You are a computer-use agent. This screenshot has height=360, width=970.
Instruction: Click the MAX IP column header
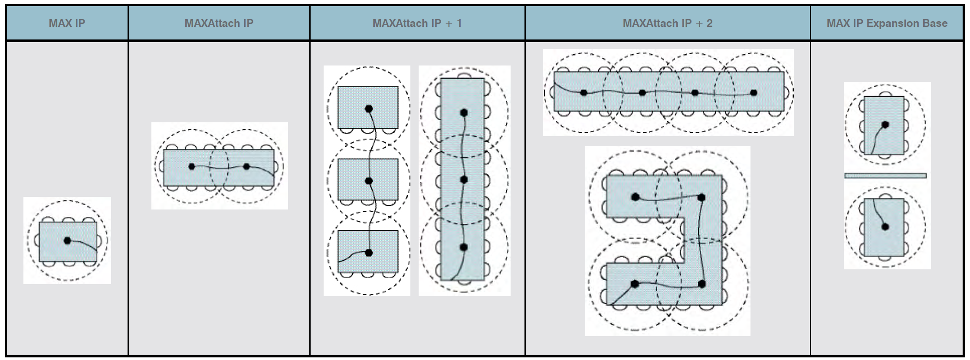pyautogui.click(x=67, y=23)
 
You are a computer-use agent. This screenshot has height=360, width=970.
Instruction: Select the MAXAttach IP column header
pyautogui.click(x=219, y=23)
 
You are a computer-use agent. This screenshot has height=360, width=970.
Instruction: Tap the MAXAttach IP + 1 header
pyautogui.click(x=417, y=23)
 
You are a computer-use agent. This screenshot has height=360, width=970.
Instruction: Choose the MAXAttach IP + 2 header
pyautogui.click(x=667, y=23)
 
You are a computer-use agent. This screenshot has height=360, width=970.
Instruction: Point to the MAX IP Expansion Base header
pyautogui.click(x=887, y=23)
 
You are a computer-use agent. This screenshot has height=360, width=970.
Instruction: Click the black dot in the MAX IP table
pyautogui.click(x=67, y=240)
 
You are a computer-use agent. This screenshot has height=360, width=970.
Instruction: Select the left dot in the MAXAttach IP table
pyautogui.click(x=192, y=166)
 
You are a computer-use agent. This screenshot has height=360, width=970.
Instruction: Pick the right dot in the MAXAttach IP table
pyautogui.click(x=246, y=166)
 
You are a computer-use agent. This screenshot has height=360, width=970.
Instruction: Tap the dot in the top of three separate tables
pyautogui.click(x=369, y=108)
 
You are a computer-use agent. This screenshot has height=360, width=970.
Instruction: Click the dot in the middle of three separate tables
pyautogui.click(x=369, y=181)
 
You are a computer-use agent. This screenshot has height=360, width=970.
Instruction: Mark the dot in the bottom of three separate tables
pyautogui.click(x=369, y=253)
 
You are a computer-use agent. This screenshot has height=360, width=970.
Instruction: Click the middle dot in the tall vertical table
pyautogui.click(x=464, y=180)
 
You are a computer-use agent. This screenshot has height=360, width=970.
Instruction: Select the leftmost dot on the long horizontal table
pyautogui.click(x=583, y=92)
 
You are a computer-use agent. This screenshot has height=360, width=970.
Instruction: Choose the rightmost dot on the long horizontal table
pyautogui.click(x=754, y=92)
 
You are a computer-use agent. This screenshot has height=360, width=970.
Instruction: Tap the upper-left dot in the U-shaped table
pyautogui.click(x=636, y=197)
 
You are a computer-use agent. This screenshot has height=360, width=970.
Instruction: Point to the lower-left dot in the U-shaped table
pyautogui.click(x=635, y=284)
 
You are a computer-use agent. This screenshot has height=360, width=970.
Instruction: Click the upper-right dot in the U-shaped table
pyautogui.click(x=701, y=198)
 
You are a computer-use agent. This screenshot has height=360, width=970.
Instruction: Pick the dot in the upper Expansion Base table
pyautogui.click(x=885, y=124)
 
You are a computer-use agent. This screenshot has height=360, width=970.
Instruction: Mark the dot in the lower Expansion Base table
pyautogui.click(x=885, y=226)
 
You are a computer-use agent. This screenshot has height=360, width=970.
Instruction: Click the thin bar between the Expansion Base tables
pyautogui.click(x=885, y=176)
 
